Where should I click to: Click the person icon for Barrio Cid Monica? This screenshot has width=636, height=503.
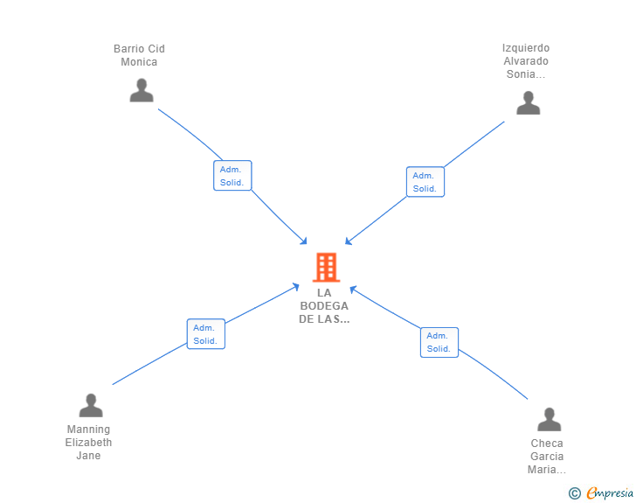(x=142, y=90)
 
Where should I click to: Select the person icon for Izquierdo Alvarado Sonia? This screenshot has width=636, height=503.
(x=528, y=103)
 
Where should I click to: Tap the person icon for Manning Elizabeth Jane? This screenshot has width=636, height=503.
(x=91, y=405)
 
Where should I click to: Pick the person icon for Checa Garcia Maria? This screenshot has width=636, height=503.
(x=549, y=420)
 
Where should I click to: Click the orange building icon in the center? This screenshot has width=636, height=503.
(x=326, y=267)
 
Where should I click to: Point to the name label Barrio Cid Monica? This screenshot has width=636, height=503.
(x=140, y=55)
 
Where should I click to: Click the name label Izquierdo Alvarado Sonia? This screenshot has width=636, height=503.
(x=526, y=61)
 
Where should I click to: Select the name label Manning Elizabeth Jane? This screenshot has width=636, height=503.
(x=89, y=443)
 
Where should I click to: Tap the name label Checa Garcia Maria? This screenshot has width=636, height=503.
(x=547, y=457)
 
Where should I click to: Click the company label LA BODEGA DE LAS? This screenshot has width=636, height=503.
(x=324, y=306)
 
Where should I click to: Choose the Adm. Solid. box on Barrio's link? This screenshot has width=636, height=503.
(x=232, y=176)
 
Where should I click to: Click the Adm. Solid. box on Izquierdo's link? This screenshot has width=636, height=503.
(x=425, y=182)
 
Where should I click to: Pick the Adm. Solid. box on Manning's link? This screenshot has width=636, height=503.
(x=205, y=334)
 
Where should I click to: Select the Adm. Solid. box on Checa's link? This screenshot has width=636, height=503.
(x=439, y=342)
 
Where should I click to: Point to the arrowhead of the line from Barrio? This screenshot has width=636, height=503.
(x=304, y=241)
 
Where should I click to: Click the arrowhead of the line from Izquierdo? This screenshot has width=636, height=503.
(x=349, y=241)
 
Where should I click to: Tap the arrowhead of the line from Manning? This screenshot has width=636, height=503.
(x=296, y=286)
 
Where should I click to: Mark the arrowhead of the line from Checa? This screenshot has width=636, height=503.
(x=353, y=289)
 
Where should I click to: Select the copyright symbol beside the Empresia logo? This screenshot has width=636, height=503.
(x=575, y=493)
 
